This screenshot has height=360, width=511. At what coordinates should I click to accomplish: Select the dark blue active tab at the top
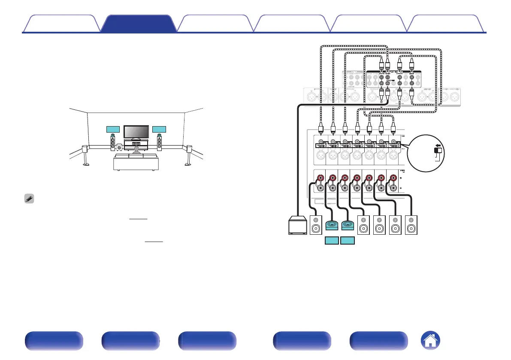139,24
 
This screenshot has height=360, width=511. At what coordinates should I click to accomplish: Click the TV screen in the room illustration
136,132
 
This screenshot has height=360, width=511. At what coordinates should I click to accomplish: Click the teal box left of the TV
113,130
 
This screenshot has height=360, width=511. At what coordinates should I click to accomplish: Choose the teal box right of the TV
159,130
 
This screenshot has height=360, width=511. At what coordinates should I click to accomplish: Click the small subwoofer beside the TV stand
119,148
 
